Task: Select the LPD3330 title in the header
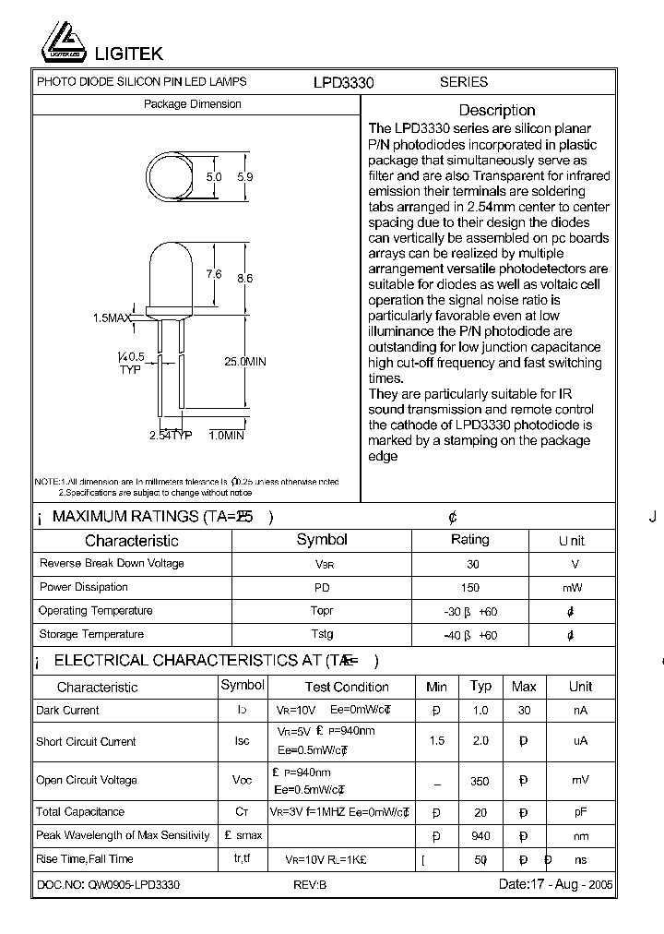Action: pyautogui.click(x=343, y=82)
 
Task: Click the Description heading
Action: pyautogui.click(x=496, y=110)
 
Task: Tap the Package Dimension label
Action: pyautogui.click(x=192, y=104)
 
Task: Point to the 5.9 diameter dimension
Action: pyautogui.click(x=244, y=176)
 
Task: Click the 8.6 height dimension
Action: pyautogui.click(x=244, y=278)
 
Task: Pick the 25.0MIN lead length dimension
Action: pyautogui.click(x=244, y=362)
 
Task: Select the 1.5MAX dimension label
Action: pyautogui.click(x=112, y=317)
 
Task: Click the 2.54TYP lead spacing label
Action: pyautogui.click(x=171, y=435)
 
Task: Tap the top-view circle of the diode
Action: pyautogui.click(x=172, y=175)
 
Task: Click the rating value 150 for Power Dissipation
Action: pyautogui.click(x=469, y=588)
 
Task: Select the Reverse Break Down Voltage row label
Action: pyautogui.click(x=112, y=563)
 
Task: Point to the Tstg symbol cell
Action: pyautogui.click(x=322, y=634)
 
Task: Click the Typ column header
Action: pyautogui.click(x=480, y=686)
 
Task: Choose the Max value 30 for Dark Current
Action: pyautogui.click(x=524, y=711)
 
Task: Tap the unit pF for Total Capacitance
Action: pyautogui.click(x=580, y=812)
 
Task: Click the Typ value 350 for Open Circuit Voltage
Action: pyautogui.click(x=480, y=781)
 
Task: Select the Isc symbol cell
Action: pyautogui.click(x=242, y=741)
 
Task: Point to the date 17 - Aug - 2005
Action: pyautogui.click(x=555, y=884)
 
